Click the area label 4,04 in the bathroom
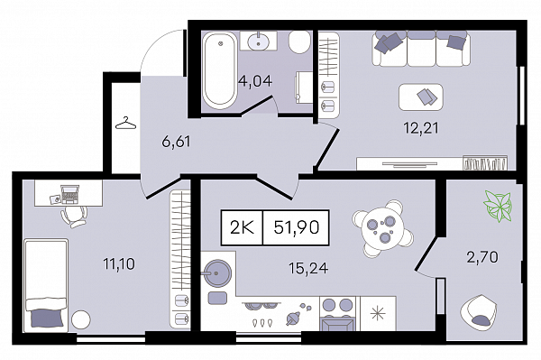coord(255,81)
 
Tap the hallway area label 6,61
coord(176,142)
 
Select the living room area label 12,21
coord(421,128)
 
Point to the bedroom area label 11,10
coord(119,264)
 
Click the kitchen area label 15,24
coord(308,268)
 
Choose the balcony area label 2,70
coord(482,257)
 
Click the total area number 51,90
coord(297,227)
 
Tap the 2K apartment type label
coord(242,227)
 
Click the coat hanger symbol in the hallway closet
coord(126,123)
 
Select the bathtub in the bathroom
coord(220,70)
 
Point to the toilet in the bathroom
coord(299,42)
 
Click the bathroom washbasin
coord(259,42)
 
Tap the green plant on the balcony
coord(498,206)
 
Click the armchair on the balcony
coord(479,310)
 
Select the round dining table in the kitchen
coord(382,229)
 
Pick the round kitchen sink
coord(216,273)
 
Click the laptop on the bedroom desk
coord(69,194)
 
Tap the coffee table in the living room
coord(420,97)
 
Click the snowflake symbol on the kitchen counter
coord(378,313)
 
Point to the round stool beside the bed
coord(81,319)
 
